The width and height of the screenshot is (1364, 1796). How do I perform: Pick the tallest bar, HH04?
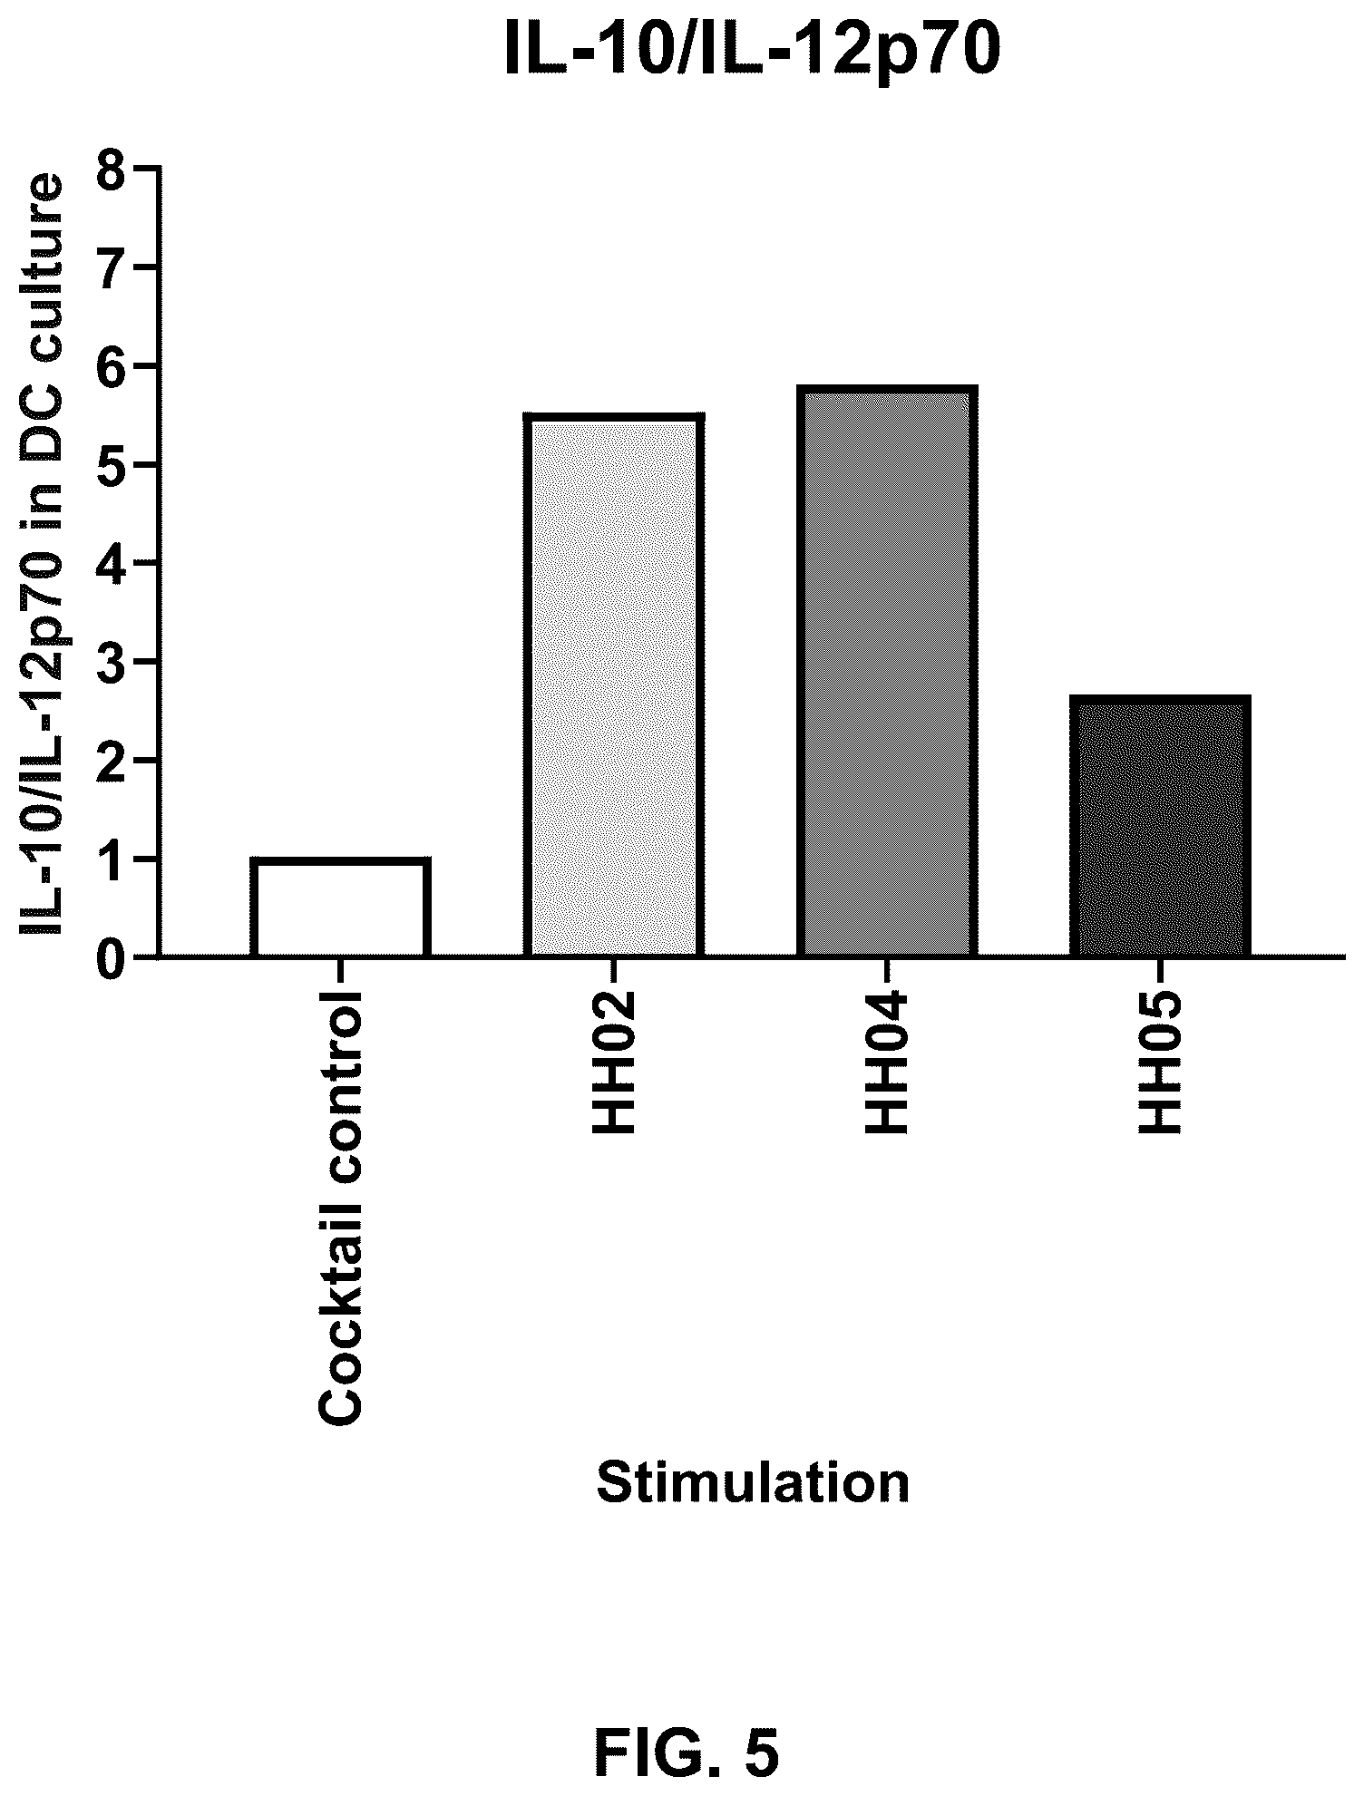[887, 670]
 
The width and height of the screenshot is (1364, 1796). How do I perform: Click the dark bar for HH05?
[1160, 825]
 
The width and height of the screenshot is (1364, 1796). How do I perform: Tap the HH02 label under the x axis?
[614, 1062]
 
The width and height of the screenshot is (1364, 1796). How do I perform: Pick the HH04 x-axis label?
[887, 1062]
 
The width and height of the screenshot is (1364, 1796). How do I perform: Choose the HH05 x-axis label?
[1160, 1062]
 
